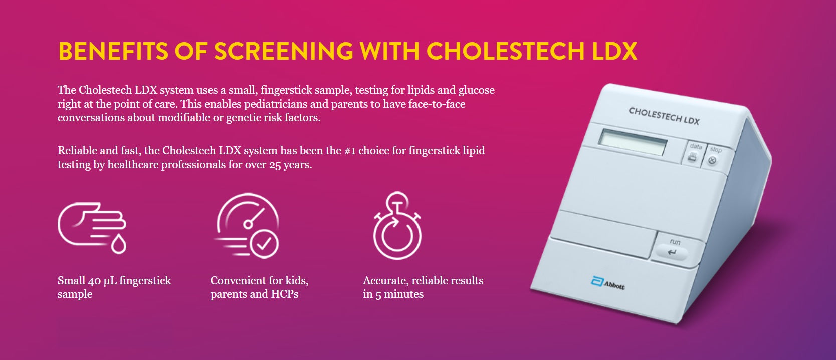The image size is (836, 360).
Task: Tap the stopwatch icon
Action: pos(397,226)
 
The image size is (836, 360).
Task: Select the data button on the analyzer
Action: pos(694,153)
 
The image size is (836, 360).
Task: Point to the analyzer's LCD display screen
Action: pos(633,142)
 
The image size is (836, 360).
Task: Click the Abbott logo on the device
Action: pos(608,283)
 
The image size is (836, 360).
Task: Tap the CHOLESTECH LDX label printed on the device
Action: pos(664,116)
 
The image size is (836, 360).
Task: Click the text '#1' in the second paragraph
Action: pos(349,151)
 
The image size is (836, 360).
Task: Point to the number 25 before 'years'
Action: pos(275,165)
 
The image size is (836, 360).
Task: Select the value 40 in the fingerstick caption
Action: pos(94,281)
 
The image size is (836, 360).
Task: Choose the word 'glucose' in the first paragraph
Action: pos(476,90)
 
